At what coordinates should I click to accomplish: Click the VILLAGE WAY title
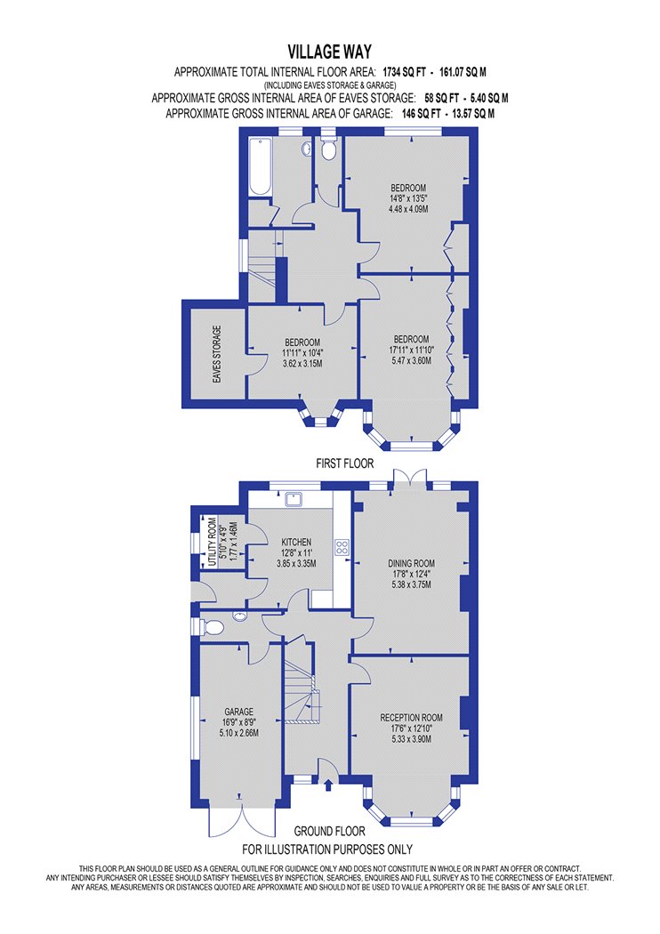329,52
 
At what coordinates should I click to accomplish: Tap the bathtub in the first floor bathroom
261,167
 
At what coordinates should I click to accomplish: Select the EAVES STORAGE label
217,354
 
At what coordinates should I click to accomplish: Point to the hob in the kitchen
342,547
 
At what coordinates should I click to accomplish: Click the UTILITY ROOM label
212,542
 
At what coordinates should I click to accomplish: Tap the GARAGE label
239,712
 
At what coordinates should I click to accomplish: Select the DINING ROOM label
411,563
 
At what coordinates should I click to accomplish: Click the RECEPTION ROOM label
411,717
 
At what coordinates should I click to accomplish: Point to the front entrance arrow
328,785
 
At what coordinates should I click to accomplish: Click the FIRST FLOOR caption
345,463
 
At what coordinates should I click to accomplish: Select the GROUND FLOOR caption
329,831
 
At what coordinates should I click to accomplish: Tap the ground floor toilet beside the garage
212,627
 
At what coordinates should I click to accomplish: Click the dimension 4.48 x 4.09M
408,209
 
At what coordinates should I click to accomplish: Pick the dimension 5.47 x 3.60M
411,360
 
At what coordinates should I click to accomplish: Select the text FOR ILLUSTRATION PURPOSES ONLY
327,849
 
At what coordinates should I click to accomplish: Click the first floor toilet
328,149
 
